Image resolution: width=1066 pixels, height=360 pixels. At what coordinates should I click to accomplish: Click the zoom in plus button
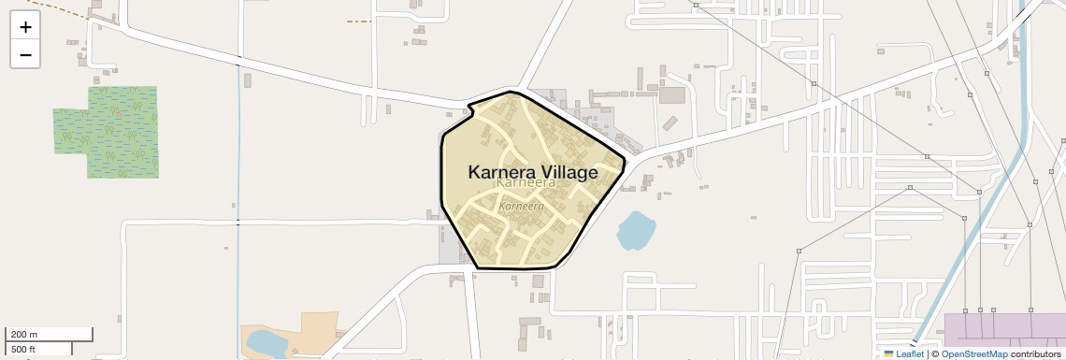click(25, 27)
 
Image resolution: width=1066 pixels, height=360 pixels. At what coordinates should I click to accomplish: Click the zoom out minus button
click(25, 55)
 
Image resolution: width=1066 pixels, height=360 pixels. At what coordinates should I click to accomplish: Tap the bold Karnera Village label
click(532, 173)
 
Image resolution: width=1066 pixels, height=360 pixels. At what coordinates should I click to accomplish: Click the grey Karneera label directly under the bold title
click(526, 184)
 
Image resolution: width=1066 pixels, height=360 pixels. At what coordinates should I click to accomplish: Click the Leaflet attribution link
click(909, 354)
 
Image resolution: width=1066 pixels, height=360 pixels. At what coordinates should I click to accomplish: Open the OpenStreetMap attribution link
click(974, 354)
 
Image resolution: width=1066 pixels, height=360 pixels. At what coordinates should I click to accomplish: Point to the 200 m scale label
click(24, 335)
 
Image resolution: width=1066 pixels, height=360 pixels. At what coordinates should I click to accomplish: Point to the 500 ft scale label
click(24, 350)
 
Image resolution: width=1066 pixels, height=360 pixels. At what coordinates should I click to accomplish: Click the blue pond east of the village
click(636, 230)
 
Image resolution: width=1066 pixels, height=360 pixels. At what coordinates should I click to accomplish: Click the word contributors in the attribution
click(1036, 354)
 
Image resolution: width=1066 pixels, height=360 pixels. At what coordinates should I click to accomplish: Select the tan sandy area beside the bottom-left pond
click(309, 332)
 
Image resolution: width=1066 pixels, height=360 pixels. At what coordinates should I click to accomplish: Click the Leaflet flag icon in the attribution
click(888, 354)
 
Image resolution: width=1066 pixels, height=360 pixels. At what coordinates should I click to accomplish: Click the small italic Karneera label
click(522, 206)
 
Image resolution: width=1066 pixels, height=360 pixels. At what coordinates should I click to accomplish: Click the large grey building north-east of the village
click(671, 94)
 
